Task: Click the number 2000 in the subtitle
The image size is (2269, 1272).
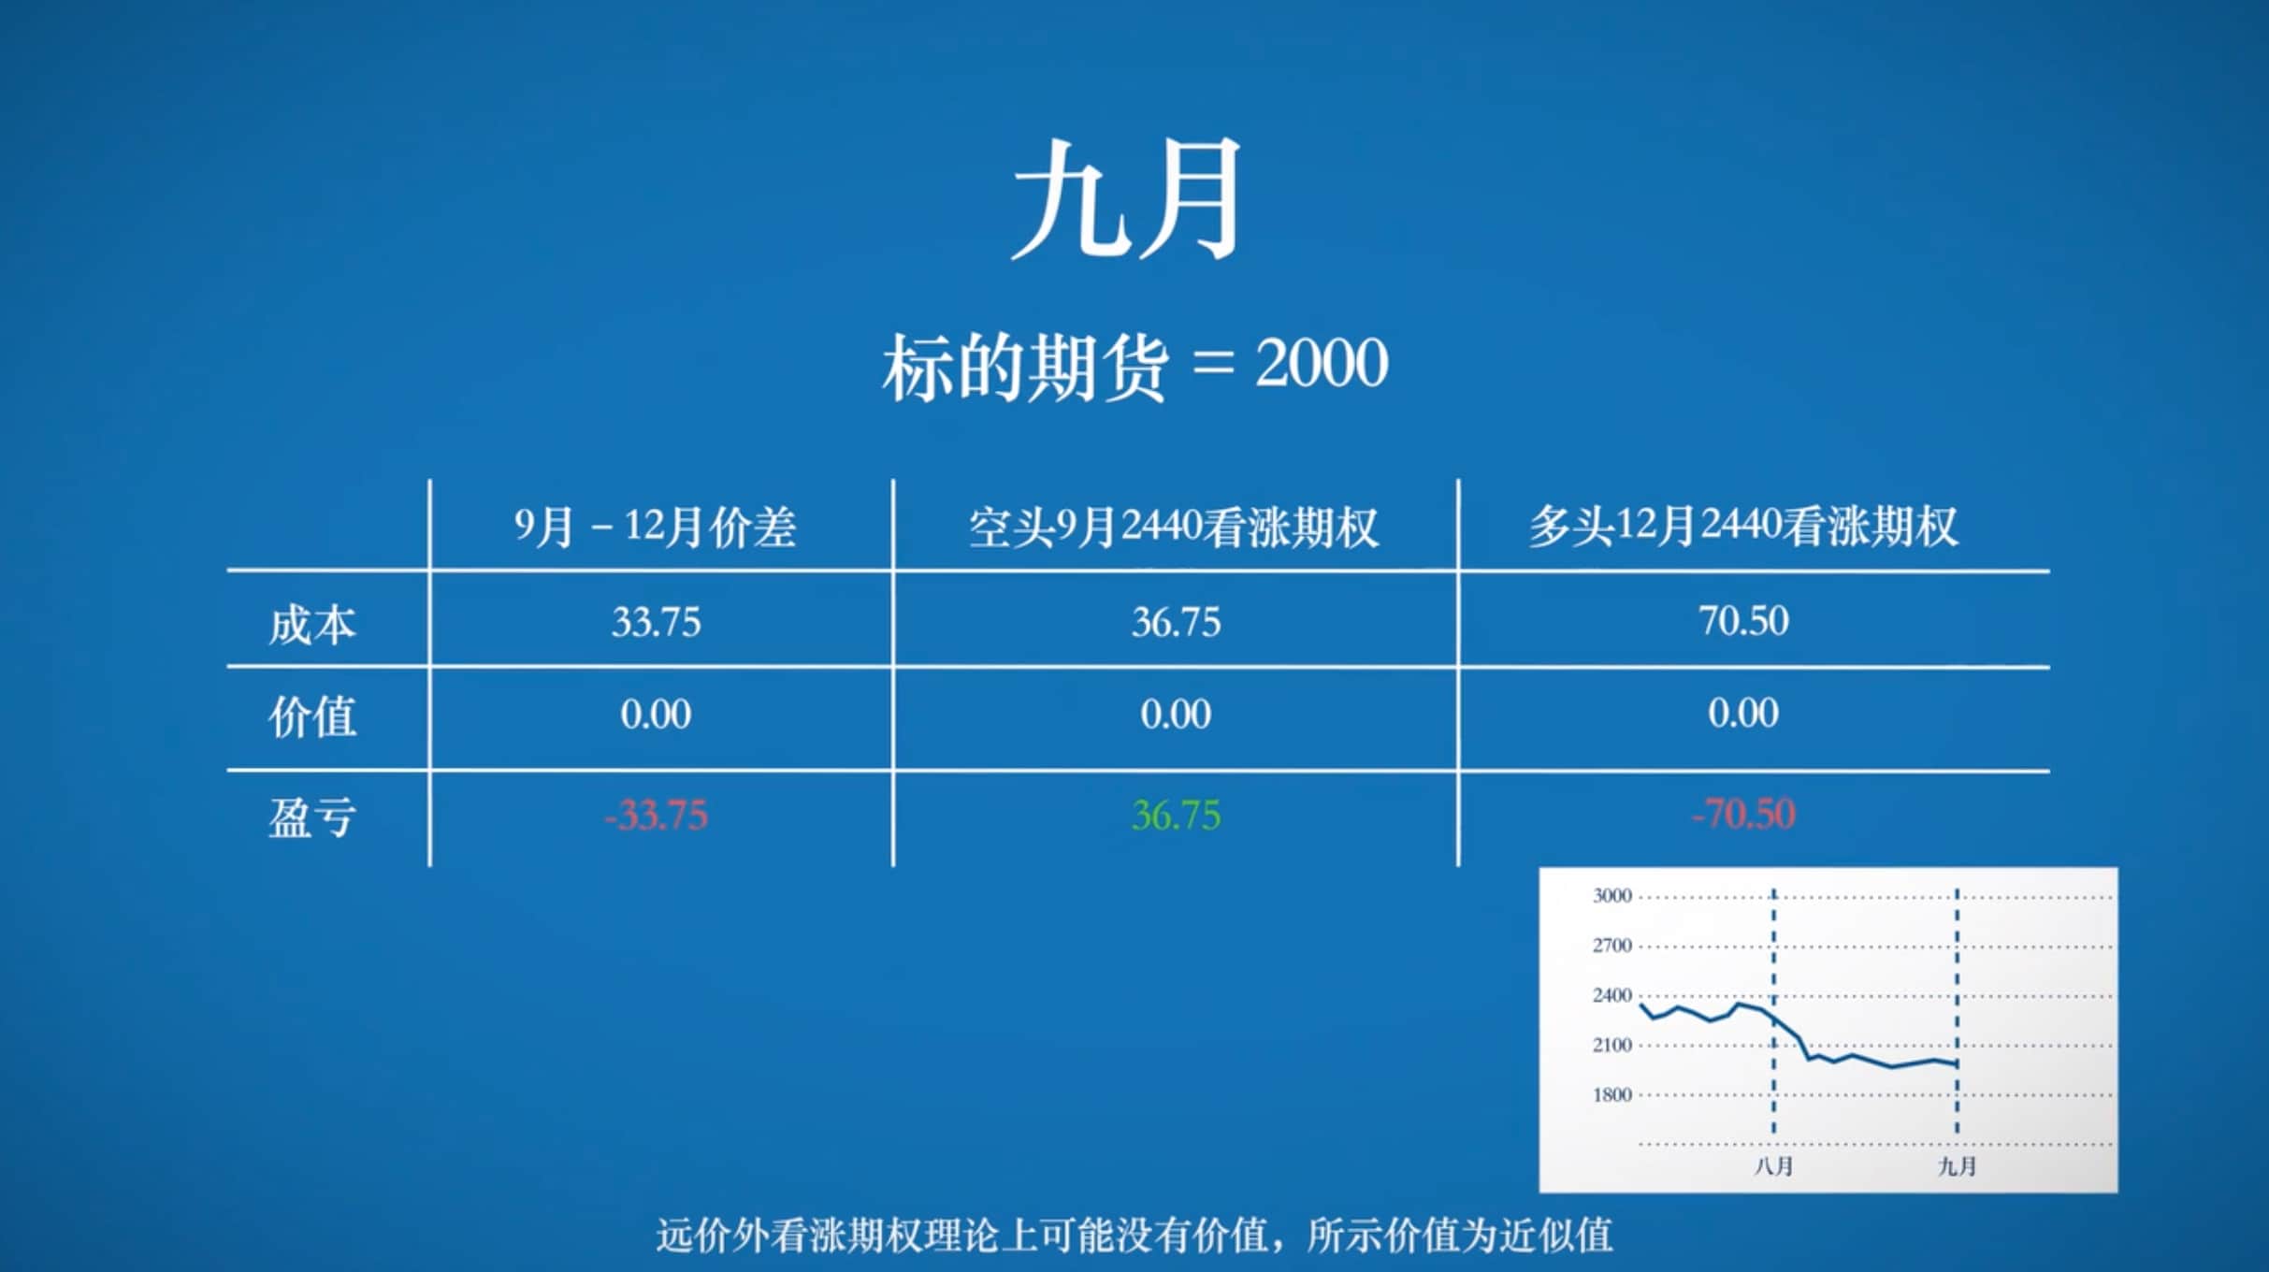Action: pyautogui.click(x=1321, y=363)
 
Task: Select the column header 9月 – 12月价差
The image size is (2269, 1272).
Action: pyautogui.click(x=655, y=527)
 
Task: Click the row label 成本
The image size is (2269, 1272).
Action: pyautogui.click(x=311, y=624)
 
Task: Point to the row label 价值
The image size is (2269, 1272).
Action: pyautogui.click(x=311, y=716)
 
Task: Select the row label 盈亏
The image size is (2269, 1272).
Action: pyautogui.click(x=311, y=817)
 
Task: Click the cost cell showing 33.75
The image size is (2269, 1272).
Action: pyautogui.click(x=656, y=622)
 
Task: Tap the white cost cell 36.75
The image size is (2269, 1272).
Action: pyautogui.click(x=1176, y=622)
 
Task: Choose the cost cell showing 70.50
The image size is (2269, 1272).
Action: pyautogui.click(x=1742, y=621)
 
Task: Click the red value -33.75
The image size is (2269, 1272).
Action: pyautogui.click(x=656, y=816)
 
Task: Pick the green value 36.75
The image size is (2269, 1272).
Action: pyautogui.click(x=1176, y=816)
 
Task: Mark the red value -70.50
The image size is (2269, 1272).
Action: pyautogui.click(x=1742, y=814)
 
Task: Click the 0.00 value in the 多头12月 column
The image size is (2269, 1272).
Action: pyautogui.click(x=1742, y=714)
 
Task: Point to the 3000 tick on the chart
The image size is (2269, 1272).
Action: pyautogui.click(x=1611, y=896)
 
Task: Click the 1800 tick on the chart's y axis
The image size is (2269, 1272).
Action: pyautogui.click(x=1611, y=1094)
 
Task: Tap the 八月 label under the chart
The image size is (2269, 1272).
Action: pyautogui.click(x=1772, y=1166)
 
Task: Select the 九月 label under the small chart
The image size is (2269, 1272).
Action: pyautogui.click(x=1957, y=1166)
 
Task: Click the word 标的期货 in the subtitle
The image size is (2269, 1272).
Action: pyautogui.click(x=1024, y=367)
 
